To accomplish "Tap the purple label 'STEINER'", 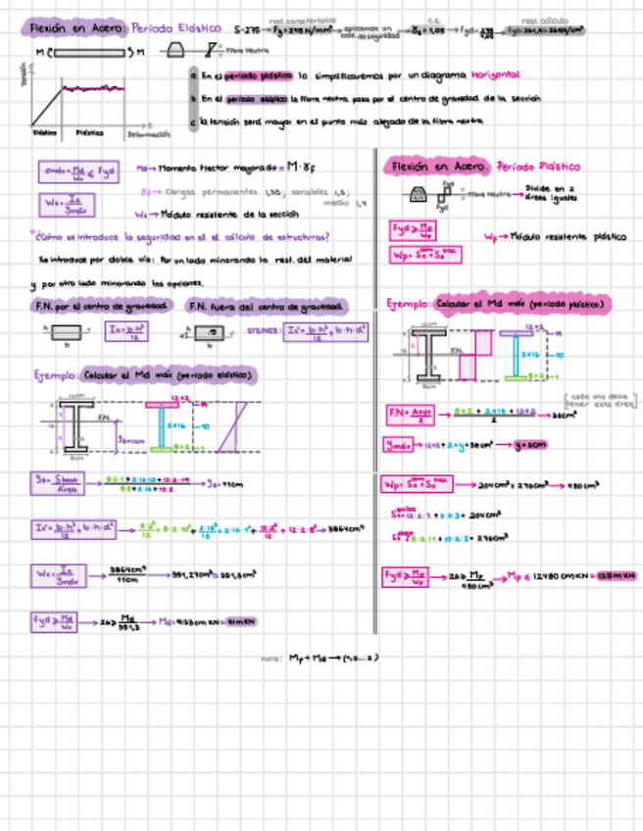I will click(x=264, y=331).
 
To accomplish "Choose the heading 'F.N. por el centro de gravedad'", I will click(x=98, y=307).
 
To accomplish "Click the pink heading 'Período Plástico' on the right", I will click(x=538, y=168).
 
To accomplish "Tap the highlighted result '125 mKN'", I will click(x=617, y=575).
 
